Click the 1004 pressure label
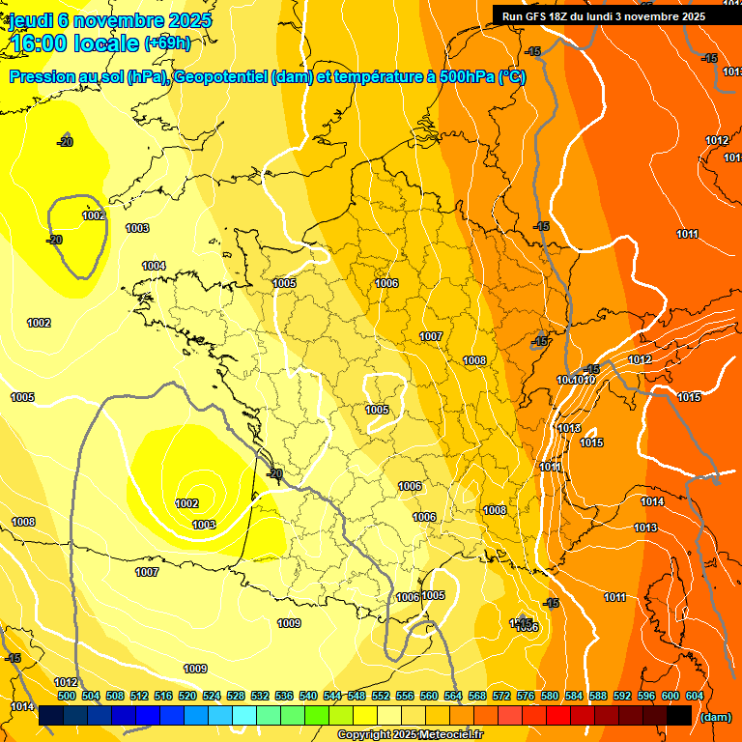coord(154,266)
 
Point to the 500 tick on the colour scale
coord(67,696)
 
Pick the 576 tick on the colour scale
coord(526,696)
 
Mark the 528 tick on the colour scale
coord(236,696)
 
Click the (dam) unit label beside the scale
coord(716,717)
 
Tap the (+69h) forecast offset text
coord(167,43)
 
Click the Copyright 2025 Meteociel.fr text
coord(411,735)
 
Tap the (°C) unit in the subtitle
coord(512,77)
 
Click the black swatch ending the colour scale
coord(679,716)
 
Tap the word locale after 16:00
coord(107,43)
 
